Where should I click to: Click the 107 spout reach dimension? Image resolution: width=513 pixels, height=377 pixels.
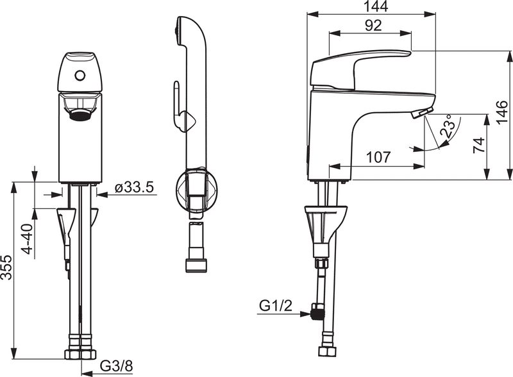point(379,158)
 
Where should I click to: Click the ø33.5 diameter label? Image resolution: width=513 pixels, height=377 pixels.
point(135,187)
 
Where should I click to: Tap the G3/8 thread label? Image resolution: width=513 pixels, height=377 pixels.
point(115,367)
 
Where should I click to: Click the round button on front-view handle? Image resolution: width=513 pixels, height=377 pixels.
point(80,76)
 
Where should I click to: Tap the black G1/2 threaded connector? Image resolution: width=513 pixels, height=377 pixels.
point(315,314)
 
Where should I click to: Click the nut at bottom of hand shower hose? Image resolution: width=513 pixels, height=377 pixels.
point(196,265)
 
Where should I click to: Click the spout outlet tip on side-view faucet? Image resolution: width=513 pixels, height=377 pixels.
point(417,114)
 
